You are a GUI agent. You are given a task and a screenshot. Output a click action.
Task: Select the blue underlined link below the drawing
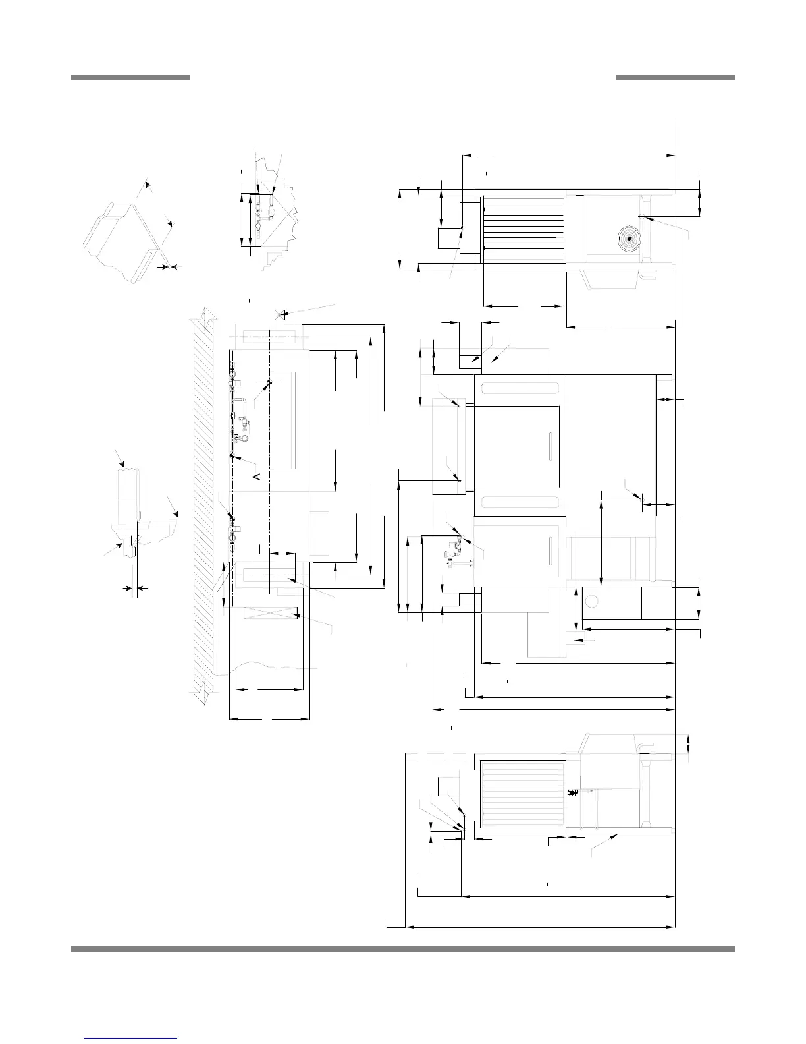point(131,1020)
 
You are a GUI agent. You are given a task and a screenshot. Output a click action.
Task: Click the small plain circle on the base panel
point(591,601)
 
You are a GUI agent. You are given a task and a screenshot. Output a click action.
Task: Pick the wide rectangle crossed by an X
point(271,614)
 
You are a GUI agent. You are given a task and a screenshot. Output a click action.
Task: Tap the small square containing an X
point(280,315)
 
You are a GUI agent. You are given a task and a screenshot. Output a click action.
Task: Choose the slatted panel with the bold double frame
point(524,794)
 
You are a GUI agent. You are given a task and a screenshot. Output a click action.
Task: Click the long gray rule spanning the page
point(402,949)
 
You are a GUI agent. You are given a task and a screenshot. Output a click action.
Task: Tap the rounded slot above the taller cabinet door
point(520,388)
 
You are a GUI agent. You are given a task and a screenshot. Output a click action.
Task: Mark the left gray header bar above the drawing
point(130,78)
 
